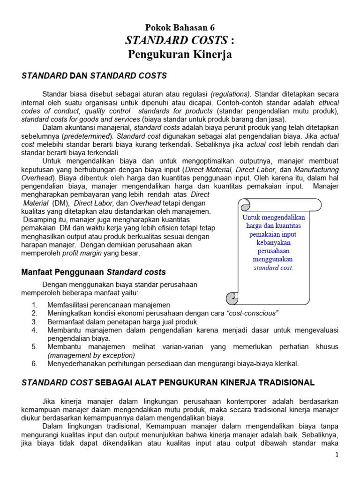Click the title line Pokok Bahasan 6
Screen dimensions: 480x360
pos(180,28)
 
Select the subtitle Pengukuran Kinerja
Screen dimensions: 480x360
pos(180,55)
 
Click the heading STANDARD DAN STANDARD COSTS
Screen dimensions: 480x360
pos(94,75)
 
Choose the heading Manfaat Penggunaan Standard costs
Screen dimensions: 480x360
pos(94,272)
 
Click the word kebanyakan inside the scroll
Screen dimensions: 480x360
pos(273,242)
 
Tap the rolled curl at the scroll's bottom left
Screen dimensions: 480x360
pos(232,298)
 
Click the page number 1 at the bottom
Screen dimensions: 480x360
pos(337,455)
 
